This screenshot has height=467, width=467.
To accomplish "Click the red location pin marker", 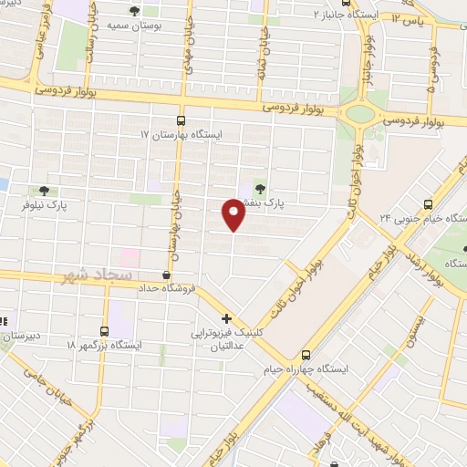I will (233, 215).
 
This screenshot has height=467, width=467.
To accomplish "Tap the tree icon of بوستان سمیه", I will (135, 12).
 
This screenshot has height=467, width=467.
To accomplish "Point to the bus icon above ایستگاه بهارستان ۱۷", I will (180, 119).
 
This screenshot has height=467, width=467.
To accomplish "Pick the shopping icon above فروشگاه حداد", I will (166, 274).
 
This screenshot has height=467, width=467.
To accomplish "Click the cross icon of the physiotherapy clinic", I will (226, 319).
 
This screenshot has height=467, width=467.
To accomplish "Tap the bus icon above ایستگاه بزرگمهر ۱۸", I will (104, 331).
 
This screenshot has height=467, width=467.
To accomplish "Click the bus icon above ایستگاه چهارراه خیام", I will (306, 354).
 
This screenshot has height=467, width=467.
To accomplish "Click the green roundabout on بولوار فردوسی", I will (359, 114).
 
